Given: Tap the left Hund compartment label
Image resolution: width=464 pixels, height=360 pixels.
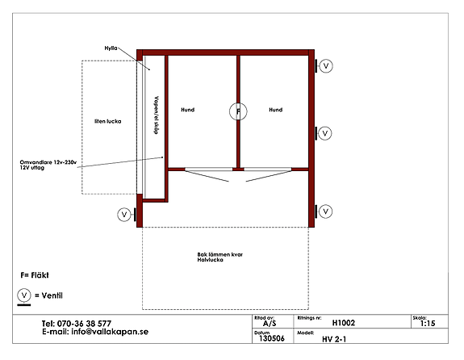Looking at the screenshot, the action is [x=187, y=110].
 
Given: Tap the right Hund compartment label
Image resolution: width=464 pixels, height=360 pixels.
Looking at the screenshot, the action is [x=275, y=110].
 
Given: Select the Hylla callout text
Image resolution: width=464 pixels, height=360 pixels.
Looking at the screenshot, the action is [x=111, y=48].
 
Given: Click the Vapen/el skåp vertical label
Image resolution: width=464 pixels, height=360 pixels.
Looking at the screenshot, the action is [x=157, y=115].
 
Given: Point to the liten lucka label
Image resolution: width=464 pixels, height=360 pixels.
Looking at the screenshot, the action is [x=107, y=121].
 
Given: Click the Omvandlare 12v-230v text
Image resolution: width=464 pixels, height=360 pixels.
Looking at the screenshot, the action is [x=48, y=162].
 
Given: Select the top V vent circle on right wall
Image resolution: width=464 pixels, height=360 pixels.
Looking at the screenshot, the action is [x=326, y=65].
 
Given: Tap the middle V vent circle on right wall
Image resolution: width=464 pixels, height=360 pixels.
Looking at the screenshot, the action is [x=325, y=133].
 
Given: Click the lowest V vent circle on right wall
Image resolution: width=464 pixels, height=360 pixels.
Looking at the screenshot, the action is [x=325, y=211].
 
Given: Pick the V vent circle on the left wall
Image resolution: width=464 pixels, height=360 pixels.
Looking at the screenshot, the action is [x=124, y=215].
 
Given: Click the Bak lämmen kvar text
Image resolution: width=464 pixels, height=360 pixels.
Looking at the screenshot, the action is [x=219, y=254].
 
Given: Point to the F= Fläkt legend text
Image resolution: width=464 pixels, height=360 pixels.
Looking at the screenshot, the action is [x=35, y=275].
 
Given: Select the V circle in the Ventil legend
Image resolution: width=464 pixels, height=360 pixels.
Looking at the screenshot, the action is [x=24, y=295].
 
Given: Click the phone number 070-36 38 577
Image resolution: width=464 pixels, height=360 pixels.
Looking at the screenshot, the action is [x=84, y=324].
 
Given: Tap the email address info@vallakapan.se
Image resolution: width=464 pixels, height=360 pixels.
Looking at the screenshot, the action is [x=110, y=332].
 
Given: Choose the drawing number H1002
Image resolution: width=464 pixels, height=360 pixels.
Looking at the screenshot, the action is [x=344, y=323].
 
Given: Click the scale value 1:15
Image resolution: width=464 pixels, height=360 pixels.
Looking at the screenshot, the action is [x=428, y=324].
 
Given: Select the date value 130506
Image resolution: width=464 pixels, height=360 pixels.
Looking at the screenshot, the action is [x=272, y=338].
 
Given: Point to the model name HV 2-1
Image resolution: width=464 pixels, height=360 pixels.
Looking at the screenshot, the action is [x=334, y=339].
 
